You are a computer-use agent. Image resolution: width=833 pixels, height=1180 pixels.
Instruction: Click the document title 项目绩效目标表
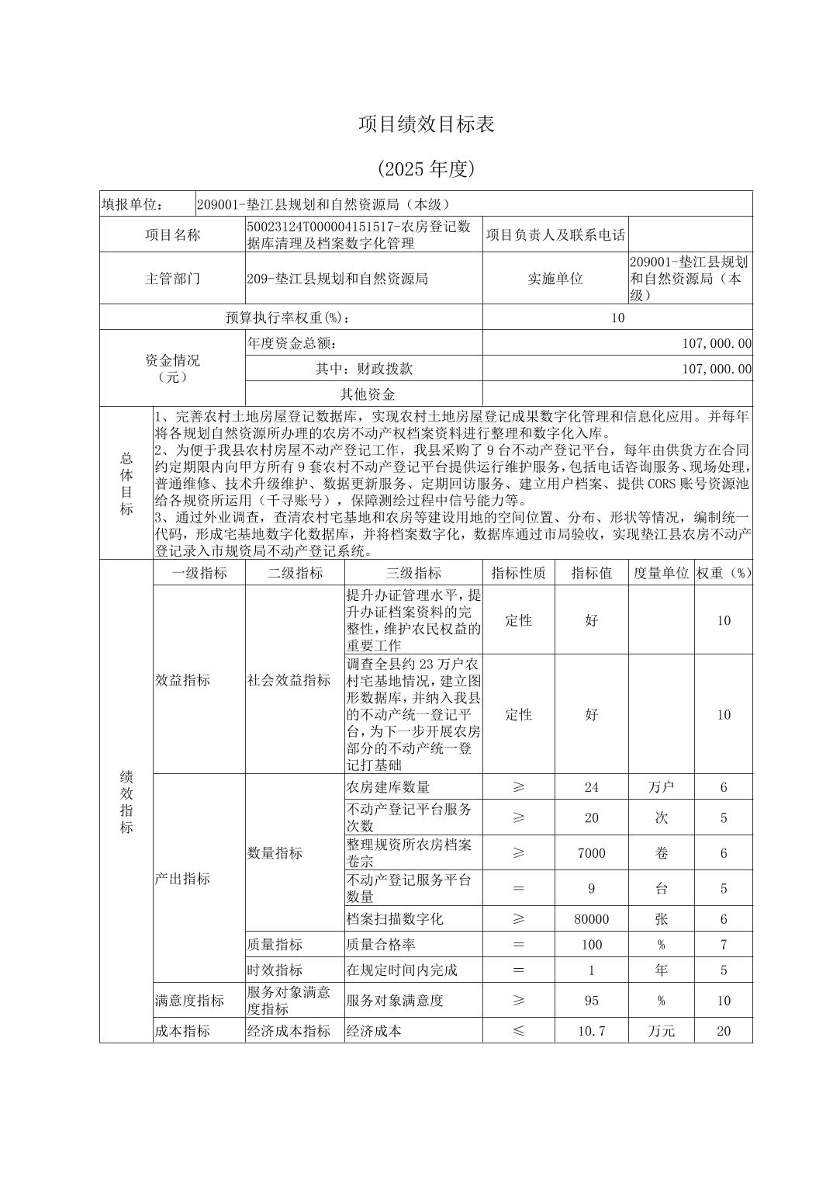(426, 124)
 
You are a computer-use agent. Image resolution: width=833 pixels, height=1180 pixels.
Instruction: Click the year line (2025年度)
(426, 168)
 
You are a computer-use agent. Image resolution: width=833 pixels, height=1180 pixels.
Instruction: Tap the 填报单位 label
(132, 204)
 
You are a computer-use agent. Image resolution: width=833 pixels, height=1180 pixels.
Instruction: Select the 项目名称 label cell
(172, 234)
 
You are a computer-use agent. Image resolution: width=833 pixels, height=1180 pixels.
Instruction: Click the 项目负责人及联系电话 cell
(555, 234)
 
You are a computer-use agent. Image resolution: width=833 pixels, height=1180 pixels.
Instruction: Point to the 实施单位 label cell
(555, 278)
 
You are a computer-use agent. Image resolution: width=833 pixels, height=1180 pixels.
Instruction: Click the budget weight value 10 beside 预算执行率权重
(617, 318)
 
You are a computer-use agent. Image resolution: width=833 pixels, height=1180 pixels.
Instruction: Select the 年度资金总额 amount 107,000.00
(717, 343)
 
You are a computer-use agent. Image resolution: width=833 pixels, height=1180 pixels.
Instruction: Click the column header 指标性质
(518, 573)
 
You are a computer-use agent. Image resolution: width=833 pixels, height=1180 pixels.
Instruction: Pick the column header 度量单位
(661, 573)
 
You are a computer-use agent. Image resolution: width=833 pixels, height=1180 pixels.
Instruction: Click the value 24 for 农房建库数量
(592, 787)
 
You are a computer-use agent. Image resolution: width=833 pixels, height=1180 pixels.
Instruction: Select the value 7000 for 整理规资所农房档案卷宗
(592, 853)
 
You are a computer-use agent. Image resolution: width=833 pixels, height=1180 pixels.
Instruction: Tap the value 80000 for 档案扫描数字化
(592, 919)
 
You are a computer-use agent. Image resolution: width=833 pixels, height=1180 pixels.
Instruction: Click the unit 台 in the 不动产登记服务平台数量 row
(661, 888)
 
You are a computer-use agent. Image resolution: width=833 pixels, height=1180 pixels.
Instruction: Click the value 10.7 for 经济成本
(592, 1031)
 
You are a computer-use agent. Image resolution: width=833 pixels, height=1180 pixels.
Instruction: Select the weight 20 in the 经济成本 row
(724, 1031)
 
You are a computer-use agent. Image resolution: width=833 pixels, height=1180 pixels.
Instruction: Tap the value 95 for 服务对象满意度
(592, 1001)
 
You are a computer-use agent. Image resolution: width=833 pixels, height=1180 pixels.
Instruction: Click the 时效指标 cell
(275, 970)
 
